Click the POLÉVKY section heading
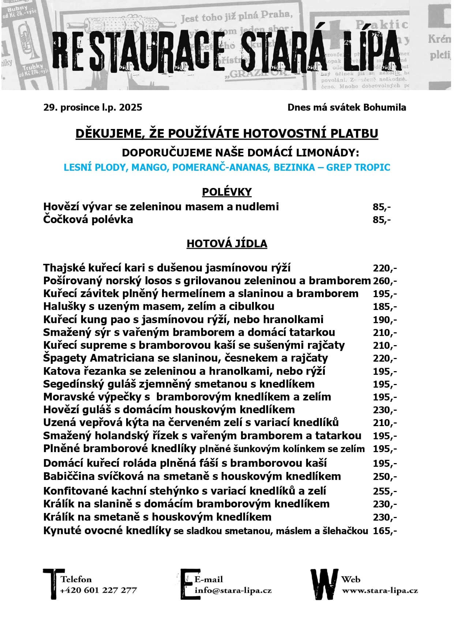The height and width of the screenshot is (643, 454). [x=227, y=192]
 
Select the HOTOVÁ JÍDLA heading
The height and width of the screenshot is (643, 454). [x=227, y=244]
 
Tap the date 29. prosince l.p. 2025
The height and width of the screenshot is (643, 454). [x=93, y=107]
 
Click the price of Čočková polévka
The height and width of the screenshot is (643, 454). [x=382, y=220]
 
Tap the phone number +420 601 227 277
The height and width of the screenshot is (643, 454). [x=98, y=590]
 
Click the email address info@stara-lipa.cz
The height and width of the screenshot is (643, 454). [x=233, y=590]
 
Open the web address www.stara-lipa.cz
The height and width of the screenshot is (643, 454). [x=380, y=591]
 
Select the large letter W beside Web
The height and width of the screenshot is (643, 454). [x=324, y=584]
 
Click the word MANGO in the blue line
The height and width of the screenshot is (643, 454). [x=149, y=167]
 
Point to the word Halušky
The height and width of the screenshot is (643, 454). [x=64, y=306]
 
